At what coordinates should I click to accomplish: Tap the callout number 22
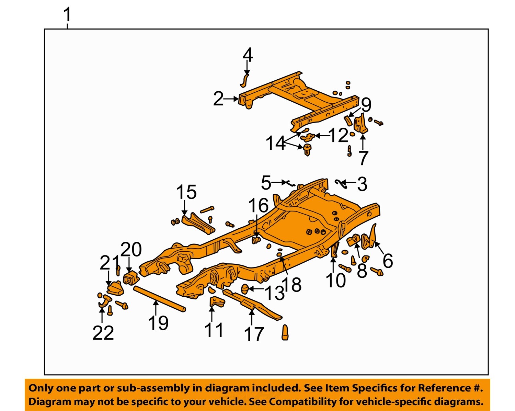(103, 333)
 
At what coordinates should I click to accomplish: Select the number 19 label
(158, 323)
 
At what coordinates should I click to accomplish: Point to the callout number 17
(254, 334)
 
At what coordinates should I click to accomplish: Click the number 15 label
(186, 192)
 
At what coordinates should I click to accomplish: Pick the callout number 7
(363, 158)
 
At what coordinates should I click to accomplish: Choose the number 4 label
(248, 55)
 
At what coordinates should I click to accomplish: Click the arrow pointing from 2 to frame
(231, 99)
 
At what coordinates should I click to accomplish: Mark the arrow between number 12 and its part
(322, 136)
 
